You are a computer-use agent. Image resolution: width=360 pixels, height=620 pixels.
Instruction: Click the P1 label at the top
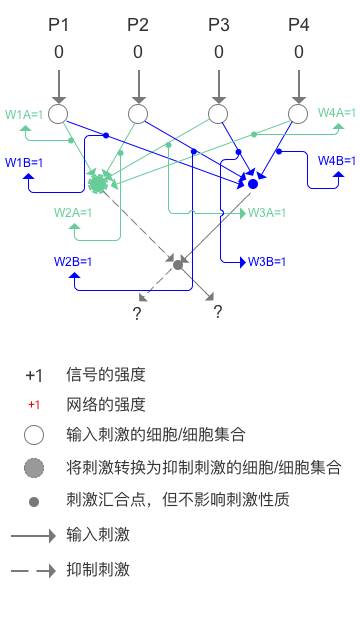(59, 24)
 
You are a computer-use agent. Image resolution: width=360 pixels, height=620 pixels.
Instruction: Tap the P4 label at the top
(299, 24)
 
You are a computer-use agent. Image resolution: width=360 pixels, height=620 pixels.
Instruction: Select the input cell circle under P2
(138, 114)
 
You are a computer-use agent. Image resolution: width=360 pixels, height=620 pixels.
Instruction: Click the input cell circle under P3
(219, 114)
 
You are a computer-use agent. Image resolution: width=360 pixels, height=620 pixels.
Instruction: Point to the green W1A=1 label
(24, 115)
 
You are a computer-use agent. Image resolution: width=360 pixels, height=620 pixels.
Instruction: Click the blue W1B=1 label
(24, 162)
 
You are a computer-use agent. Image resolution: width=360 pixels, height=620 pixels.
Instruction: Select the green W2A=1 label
(73, 212)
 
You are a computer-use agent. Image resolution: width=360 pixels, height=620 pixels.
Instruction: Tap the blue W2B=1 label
(73, 261)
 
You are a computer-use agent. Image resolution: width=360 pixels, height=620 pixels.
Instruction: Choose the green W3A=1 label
(267, 212)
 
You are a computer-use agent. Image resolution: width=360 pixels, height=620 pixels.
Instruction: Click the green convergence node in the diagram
(98, 184)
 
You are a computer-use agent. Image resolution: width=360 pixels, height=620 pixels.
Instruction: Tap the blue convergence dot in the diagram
(253, 184)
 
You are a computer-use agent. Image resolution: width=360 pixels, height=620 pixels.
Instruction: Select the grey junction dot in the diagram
(178, 264)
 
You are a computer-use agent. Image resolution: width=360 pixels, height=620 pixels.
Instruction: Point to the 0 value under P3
(218, 52)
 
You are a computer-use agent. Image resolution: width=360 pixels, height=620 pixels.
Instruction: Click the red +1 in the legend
(34, 405)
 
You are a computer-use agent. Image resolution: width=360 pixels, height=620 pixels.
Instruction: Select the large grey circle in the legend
(35, 467)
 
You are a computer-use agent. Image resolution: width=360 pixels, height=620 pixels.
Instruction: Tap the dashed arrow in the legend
(34, 570)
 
